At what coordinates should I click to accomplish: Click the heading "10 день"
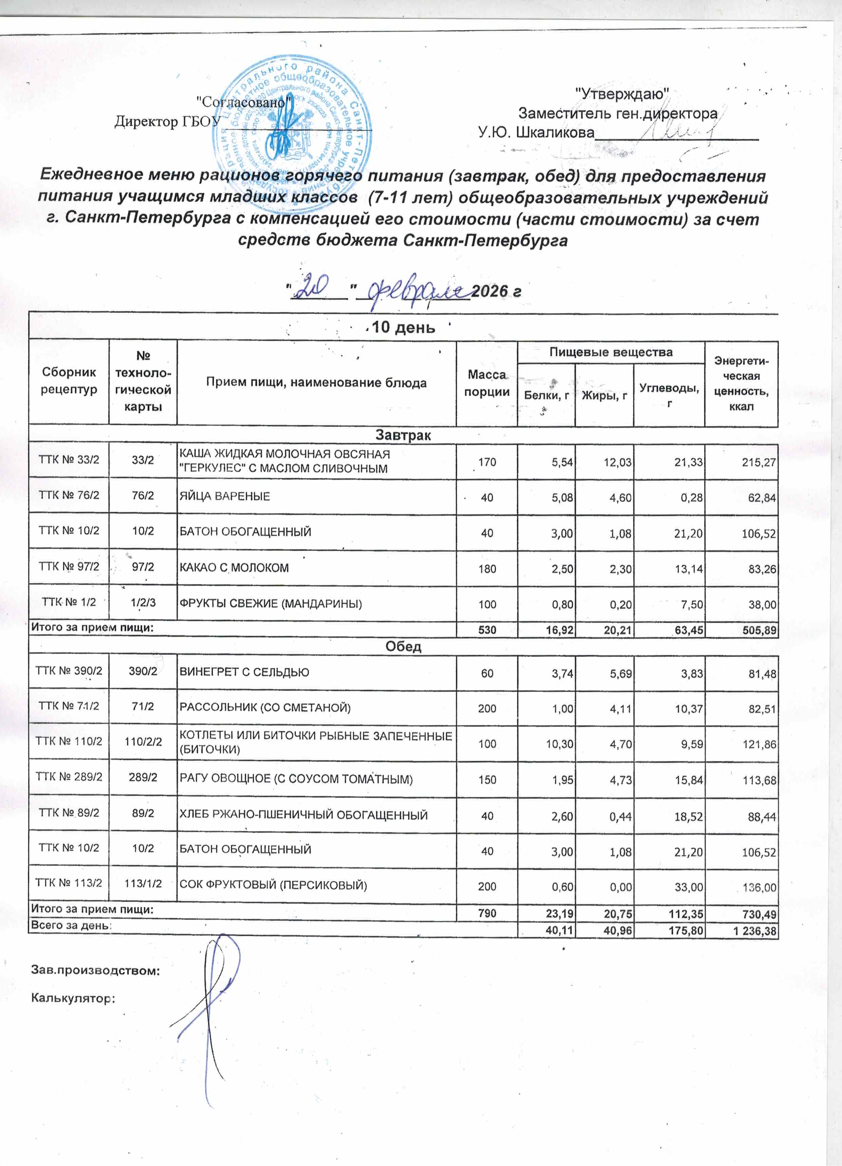pyautogui.click(x=403, y=327)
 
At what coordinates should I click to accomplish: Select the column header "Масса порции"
pyautogui.click(x=487, y=383)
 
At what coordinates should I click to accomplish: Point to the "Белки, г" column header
pyautogui.click(x=546, y=395)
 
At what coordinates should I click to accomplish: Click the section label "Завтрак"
pyautogui.click(x=403, y=435)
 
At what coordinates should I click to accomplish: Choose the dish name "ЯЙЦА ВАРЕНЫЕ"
pyautogui.click(x=224, y=496)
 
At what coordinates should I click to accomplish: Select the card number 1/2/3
pyautogui.click(x=143, y=603)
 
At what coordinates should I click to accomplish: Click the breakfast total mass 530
pyautogui.click(x=487, y=630)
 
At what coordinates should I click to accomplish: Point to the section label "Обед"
pyautogui.click(x=403, y=647)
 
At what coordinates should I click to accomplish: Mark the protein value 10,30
pyautogui.click(x=559, y=744)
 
